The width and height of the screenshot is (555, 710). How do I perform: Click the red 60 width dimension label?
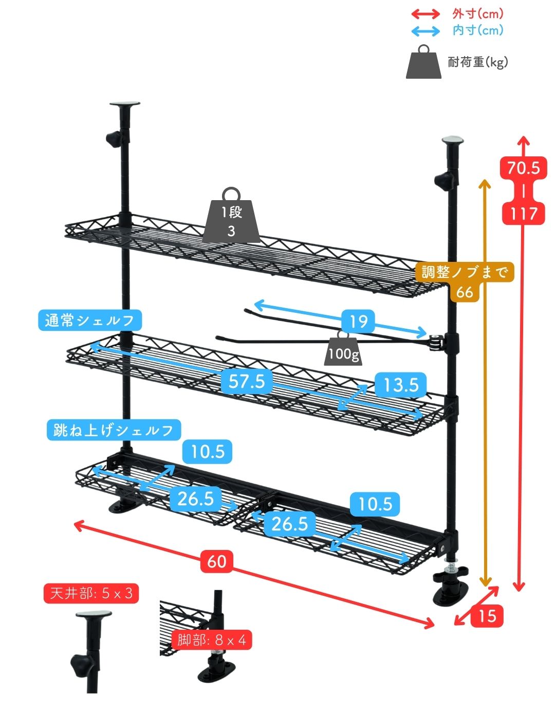pyautogui.click(x=216, y=560)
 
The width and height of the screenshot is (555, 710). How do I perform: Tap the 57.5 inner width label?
pyautogui.click(x=247, y=381)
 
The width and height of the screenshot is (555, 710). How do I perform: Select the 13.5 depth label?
pyautogui.click(x=401, y=385)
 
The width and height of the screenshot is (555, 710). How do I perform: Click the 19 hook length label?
pyautogui.click(x=358, y=322)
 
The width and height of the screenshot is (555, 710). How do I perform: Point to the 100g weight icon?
pyautogui.click(x=343, y=350)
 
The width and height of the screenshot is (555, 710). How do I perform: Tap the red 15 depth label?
pyautogui.click(x=487, y=615)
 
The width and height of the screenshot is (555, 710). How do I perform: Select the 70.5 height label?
pyautogui.click(x=523, y=168)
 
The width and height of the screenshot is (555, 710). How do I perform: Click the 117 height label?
pyautogui.click(x=523, y=213)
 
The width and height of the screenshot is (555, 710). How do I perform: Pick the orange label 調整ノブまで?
pyautogui.click(x=464, y=272)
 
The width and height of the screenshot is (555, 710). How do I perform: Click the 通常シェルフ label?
pyautogui.click(x=90, y=321)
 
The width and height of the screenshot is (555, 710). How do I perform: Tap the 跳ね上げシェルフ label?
pyautogui.click(x=114, y=430)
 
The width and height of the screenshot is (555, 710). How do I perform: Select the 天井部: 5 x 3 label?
pyautogui.click(x=91, y=593)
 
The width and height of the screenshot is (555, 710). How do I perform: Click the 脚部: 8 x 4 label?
pyautogui.click(x=212, y=640)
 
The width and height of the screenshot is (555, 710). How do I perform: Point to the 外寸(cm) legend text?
pyautogui.click(x=478, y=14)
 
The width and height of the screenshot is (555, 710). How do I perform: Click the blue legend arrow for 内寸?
pyautogui.click(x=425, y=31)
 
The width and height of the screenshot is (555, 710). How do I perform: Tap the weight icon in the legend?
pyautogui.click(x=423, y=63)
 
